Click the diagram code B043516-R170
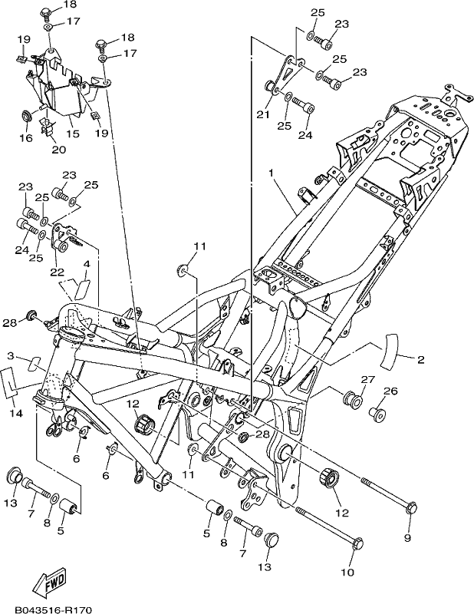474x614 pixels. pos(53,609)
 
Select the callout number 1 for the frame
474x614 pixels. pos(271,173)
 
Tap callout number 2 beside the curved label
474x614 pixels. pos(421,359)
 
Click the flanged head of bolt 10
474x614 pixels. pos(357,543)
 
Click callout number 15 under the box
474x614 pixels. pos(73,134)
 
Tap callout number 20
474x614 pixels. pos(59,149)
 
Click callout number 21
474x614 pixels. pos(263,114)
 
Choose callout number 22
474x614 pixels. pos(56,272)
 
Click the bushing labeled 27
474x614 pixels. pos(352,398)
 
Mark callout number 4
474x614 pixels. pos(87,264)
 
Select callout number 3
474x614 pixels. pos(11,356)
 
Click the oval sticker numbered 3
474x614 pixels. pos(35,362)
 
